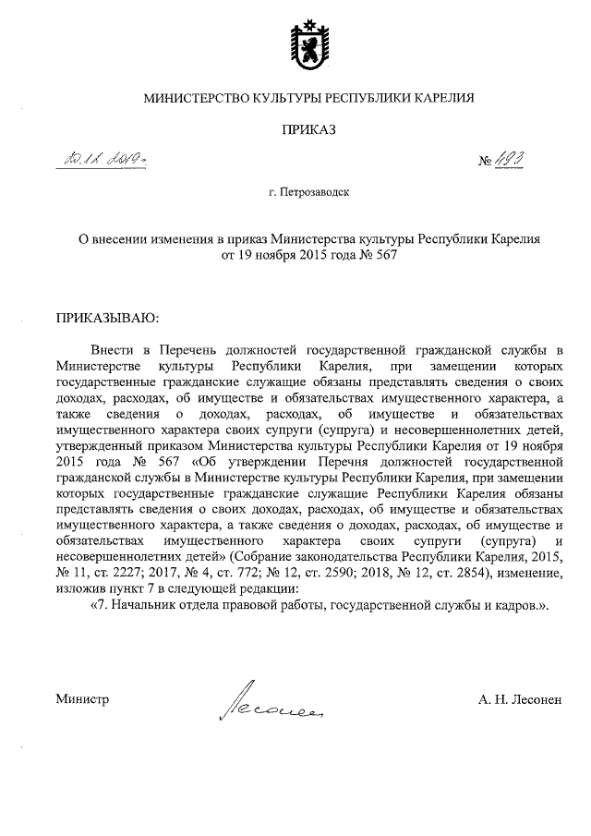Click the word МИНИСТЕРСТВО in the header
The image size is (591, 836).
point(191,97)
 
